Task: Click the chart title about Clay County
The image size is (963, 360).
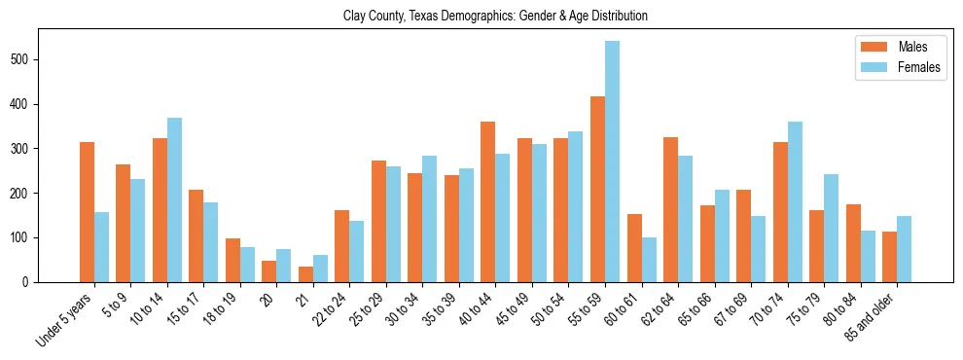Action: tap(495, 17)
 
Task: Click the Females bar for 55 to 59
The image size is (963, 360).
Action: tap(612, 162)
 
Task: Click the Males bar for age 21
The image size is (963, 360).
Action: tap(305, 274)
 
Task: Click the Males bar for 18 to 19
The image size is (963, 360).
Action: tap(232, 260)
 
